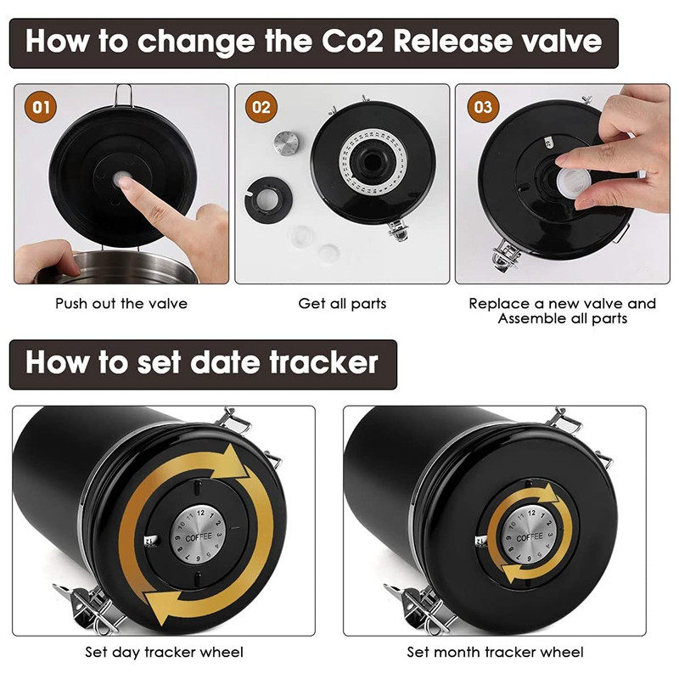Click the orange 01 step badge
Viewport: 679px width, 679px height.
[x=41, y=107]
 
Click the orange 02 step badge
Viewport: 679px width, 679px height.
[x=261, y=107]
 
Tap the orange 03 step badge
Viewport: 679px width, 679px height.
[x=483, y=107]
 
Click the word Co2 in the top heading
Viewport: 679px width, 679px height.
[x=353, y=41]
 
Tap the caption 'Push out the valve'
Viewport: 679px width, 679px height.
[x=121, y=304]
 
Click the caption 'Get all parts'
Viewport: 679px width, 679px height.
[x=342, y=304]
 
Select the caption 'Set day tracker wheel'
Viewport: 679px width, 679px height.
[x=164, y=652]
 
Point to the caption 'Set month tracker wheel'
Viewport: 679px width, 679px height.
[x=495, y=652]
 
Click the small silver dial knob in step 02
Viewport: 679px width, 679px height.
[x=286, y=143]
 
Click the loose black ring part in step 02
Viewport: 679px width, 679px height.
[x=268, y=199]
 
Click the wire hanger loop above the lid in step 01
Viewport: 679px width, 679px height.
[x=123, y=95]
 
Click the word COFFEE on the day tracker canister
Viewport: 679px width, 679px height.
[x=199, y=537]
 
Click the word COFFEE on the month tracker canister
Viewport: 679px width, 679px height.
[x=530, y=537]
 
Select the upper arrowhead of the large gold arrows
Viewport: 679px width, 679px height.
[x=233, y=463]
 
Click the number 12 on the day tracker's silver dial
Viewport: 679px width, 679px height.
[x=200, y=513]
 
